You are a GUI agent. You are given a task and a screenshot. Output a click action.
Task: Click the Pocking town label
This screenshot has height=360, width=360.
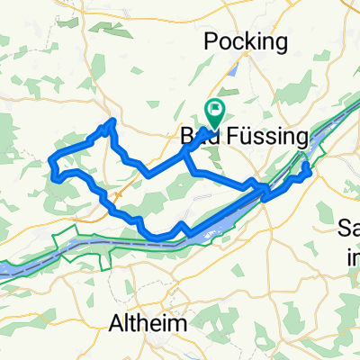click(x=246, y=41)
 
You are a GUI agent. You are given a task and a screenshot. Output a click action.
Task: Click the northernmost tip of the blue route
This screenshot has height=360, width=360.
click(x=112, y=121)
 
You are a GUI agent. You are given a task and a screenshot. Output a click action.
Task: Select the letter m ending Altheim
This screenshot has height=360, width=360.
click(x=179, y=322)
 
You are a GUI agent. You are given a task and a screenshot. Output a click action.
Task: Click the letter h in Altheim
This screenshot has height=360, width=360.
click(x=143, y=321)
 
